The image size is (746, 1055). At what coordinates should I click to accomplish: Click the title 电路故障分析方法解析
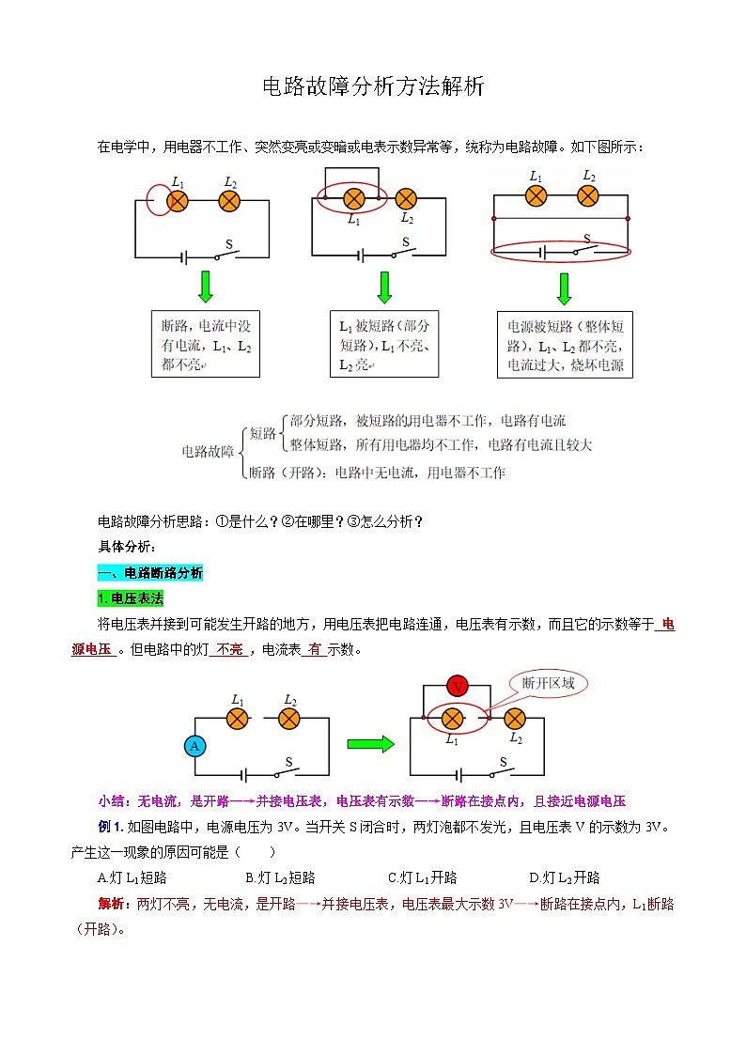click(x=373, y=88)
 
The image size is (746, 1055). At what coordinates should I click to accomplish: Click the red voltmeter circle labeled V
click(x=458, y=686)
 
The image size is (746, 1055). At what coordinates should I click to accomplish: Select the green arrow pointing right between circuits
click(x=370, y=745)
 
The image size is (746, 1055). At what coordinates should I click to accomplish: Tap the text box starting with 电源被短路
click(x=565, y=345)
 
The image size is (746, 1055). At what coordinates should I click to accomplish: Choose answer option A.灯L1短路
click(x=132, y=877)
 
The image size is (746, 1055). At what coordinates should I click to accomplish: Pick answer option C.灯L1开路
click(x=422, y=877)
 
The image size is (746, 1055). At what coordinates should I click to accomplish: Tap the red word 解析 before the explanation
click(x=111, y=904)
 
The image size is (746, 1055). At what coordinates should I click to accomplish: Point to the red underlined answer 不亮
click(x=229, y=649)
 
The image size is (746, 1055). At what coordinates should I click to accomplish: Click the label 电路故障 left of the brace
click(x=208, y=452)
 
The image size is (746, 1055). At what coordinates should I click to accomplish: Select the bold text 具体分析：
click(x=129, y=547)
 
